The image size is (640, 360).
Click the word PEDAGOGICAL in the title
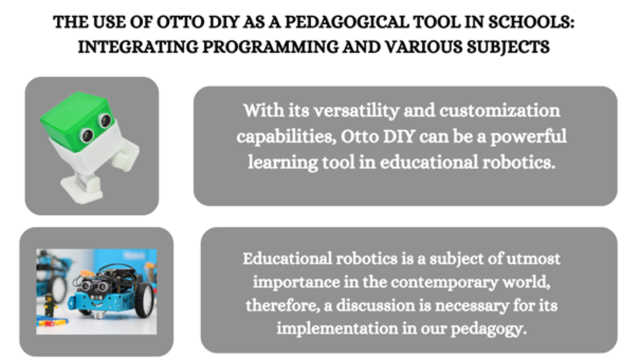click(347, 22)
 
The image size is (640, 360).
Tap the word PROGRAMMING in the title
click(270, 47)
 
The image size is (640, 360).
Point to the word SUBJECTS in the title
click(508, 47)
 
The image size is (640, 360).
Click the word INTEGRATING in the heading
click(138, 47)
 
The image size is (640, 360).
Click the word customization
click(499, 110)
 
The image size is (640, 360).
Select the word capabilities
click(286, 137)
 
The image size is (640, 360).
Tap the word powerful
click(528, 137)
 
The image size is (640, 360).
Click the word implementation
click(337, 328)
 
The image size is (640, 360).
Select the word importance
click(296, 282)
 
